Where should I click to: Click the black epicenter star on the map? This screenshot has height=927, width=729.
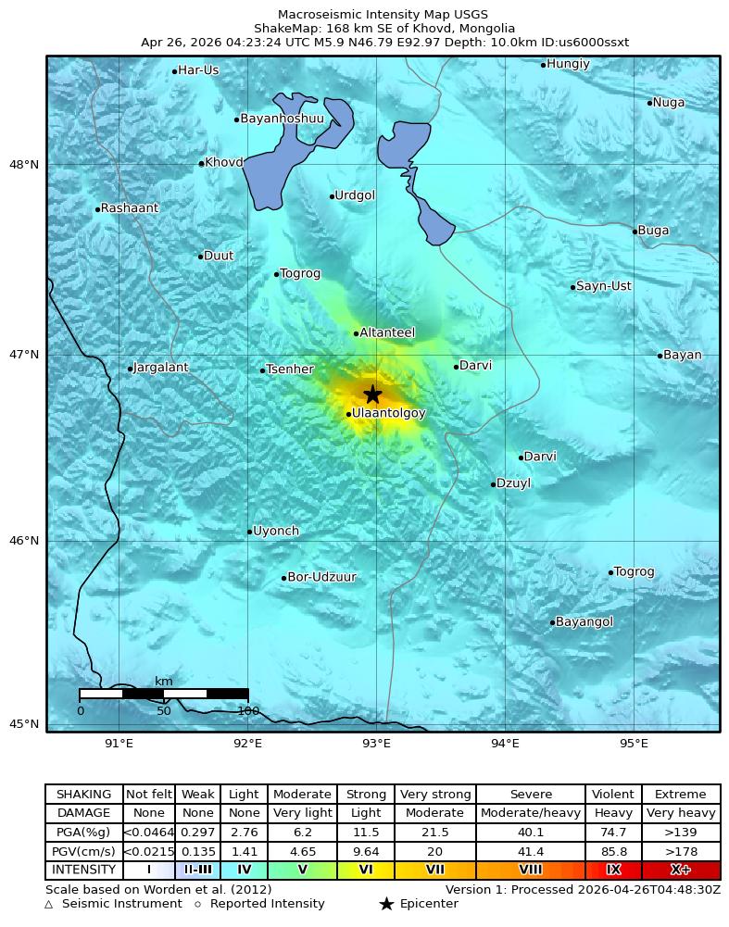click(372, 394)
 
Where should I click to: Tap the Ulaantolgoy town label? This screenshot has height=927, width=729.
click(389, 413)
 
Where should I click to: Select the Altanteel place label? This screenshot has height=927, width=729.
click(387, 332)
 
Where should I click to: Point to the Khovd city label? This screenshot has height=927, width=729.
click(223, 163)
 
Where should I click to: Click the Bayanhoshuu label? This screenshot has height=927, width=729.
click(283, 119)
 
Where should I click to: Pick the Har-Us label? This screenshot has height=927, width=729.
click(198, 70)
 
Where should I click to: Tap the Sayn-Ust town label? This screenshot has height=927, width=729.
click(603, 286)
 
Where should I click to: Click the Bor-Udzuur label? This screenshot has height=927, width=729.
click(321, 577)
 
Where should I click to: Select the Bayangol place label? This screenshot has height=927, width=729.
click(584, 622)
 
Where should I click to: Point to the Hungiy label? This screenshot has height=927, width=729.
click(568, 64)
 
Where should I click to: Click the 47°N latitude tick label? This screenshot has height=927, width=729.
click(24, 355)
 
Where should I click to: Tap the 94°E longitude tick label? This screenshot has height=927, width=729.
click(504, 743)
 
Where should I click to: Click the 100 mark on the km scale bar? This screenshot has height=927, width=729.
click(247, 711)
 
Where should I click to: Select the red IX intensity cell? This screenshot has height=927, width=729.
click(613, 870)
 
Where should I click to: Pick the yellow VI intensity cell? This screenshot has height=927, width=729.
click(366, 870)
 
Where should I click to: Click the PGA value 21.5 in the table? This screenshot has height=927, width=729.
click(434, 833)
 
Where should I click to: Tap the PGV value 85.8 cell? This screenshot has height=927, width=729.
click(613, 851)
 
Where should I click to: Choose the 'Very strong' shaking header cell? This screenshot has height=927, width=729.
click(434, 795)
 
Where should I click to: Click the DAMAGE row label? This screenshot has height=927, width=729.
click(83, 813)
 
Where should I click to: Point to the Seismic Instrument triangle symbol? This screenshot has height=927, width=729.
click(48, 905)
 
